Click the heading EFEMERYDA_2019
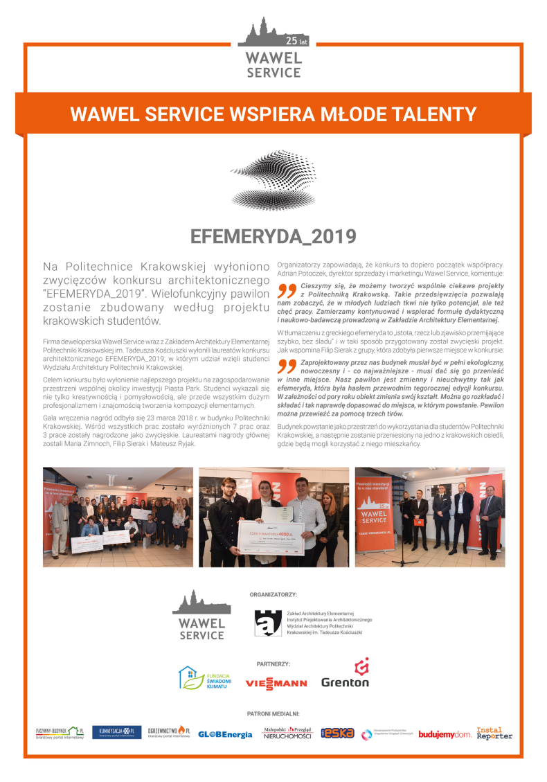273,237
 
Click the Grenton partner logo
346,674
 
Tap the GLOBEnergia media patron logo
225,734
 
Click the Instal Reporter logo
494,733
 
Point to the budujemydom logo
445,734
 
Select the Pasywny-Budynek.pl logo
60,733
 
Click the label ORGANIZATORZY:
273,594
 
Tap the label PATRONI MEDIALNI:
273,713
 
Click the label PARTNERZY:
273,663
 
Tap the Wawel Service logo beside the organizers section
201,615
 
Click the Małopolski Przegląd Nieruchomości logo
287,733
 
